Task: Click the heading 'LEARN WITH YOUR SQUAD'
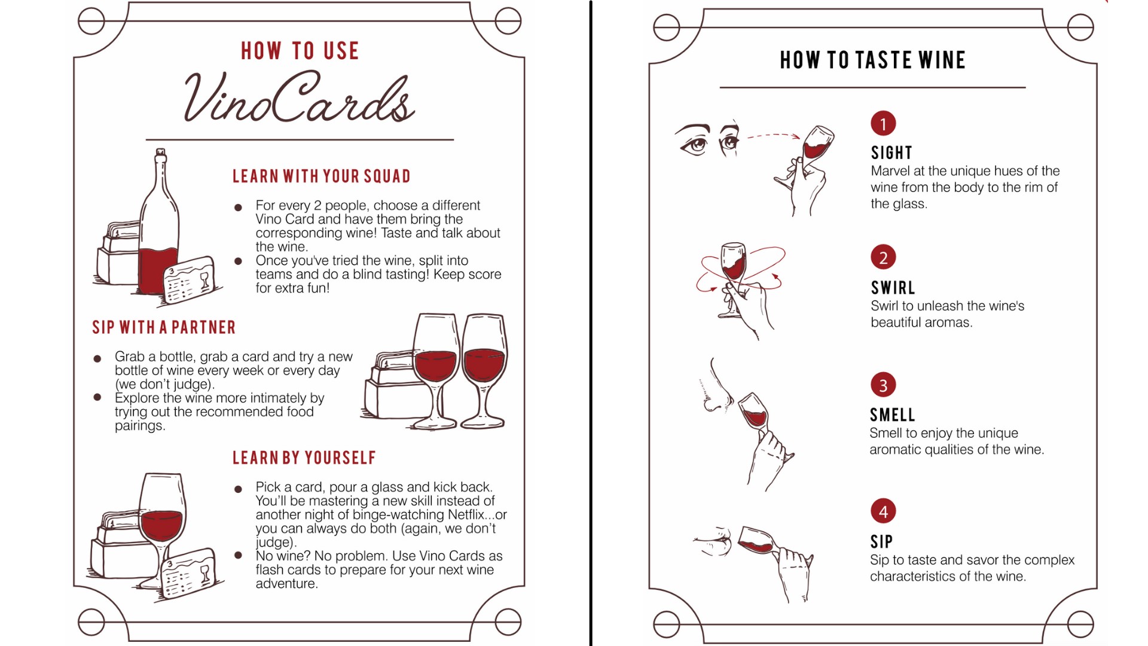(x=322, y=176)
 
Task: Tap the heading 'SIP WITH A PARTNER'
(x=164, y=327)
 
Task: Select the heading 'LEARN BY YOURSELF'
(x=304, y=458)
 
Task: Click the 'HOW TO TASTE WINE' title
(x=873, y=60)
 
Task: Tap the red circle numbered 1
(x=883, y=124)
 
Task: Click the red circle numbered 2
(x=883, y=258)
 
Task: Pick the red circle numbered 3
(x=883, y=385)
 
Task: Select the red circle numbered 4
(x=883, y=511)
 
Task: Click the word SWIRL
(x=893, y=288)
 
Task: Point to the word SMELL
(x=893, y=415)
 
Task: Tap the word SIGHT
(x=891, y=153)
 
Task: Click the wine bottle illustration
(x=158, y=221)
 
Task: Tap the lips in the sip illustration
(x=720, y=538)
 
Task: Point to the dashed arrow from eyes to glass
(x=774, y=135)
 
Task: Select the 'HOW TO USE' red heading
(x=300, y=51)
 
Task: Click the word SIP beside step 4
(x=882, y=542)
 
